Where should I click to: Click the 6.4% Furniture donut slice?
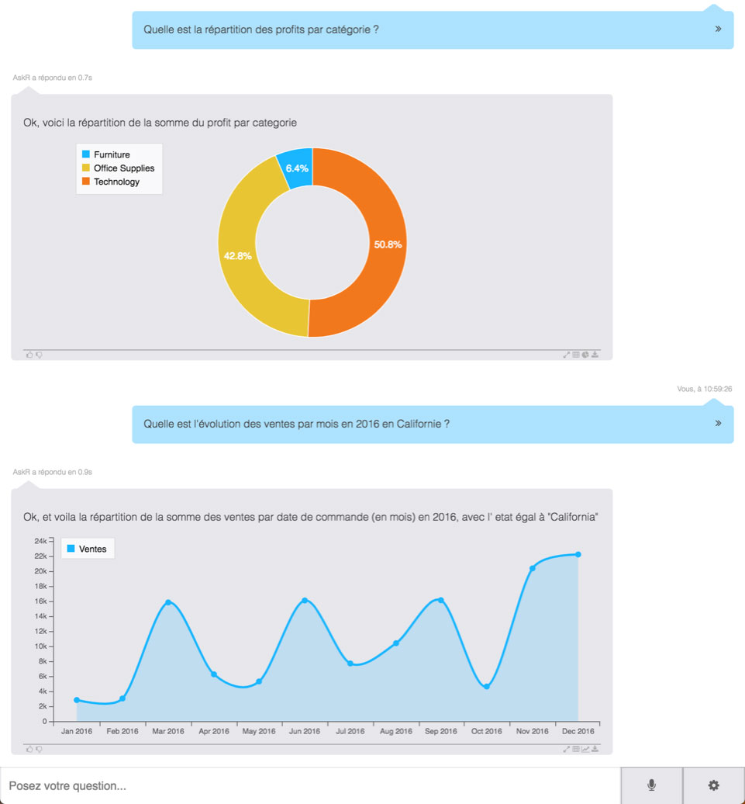(x=297, y=168)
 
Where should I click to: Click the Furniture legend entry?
(x=112, y=154)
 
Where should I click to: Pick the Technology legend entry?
(x=116, y=182)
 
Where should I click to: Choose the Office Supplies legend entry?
(x=123, y=168)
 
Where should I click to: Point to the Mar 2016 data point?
(x=167, y=602)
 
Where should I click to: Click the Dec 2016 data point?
(x=578, y=554)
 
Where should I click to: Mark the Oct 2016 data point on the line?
(x=487, y=687)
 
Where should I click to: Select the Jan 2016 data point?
(x=77, y=700)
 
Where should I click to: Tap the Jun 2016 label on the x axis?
(x=305, y=731)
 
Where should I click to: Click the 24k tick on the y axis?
(x=40, y=541)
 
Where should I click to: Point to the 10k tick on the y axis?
(x=40, y=646)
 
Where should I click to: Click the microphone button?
(x=652, y=785)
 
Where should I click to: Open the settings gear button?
(x=714, y=785)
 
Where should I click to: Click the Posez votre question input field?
(x=310, y=785)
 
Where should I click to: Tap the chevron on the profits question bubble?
(x=718, y=29)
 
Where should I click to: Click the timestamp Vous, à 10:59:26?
(x=704, y=389)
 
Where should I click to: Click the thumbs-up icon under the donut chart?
(x=29, y=355)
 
